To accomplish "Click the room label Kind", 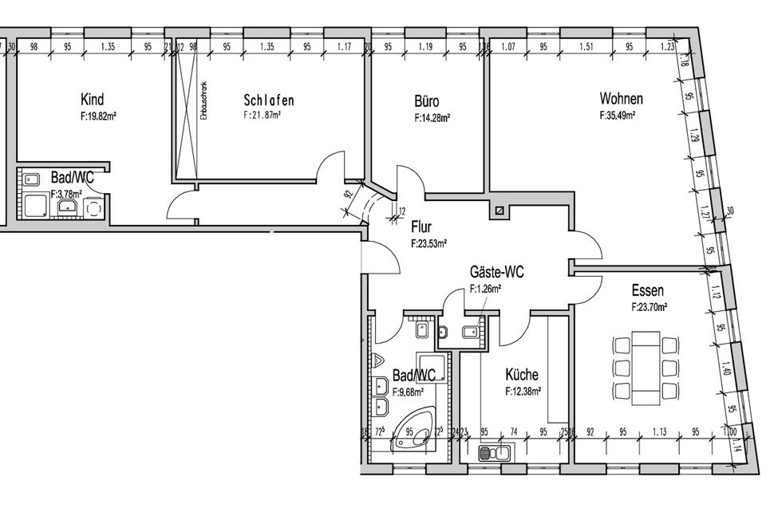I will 92,100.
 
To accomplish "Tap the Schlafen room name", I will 269,100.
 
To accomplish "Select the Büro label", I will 427,101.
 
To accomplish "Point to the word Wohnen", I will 621,100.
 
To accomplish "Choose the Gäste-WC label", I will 496,273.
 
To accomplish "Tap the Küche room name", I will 522,374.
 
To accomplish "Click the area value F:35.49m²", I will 617,116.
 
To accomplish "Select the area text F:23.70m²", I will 649,306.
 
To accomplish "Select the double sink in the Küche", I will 495,455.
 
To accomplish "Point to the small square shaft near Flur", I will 499,211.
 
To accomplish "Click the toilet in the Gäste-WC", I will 471,333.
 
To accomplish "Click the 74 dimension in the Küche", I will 515,432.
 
